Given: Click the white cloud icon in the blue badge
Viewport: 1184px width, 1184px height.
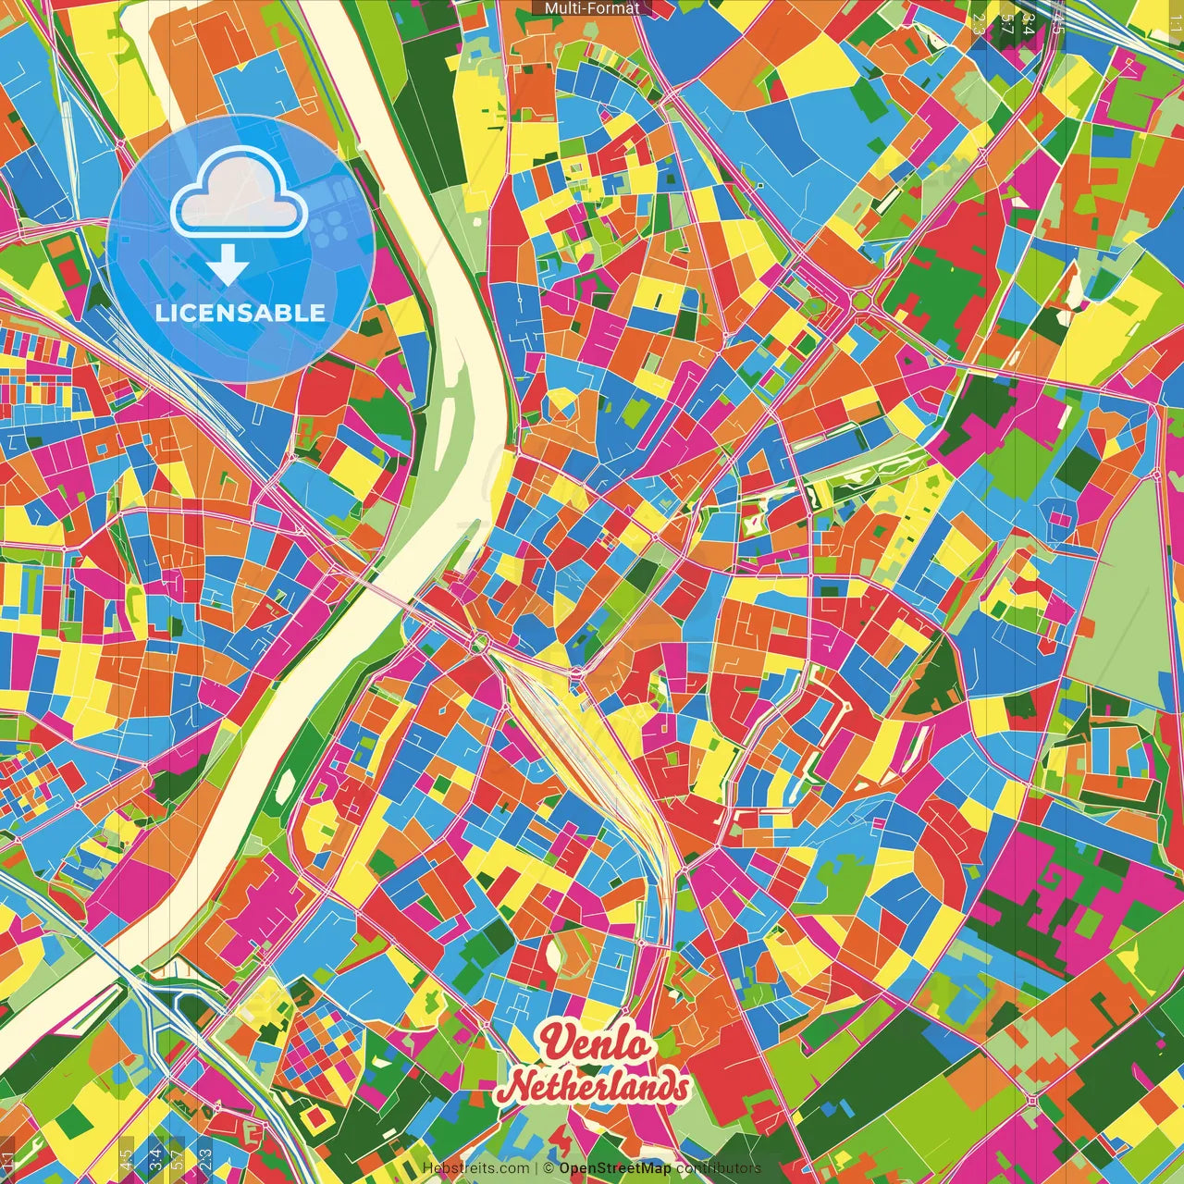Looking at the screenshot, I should pyautogui.click(x=240, y=195).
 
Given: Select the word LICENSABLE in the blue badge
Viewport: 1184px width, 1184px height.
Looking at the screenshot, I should pyautogui.click(x=240, y=313).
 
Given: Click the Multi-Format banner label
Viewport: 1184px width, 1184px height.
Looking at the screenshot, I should pyautogui.click(x=592, y=8).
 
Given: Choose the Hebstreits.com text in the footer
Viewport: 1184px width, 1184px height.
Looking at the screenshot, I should pyautogui.click(x=476, y=1168).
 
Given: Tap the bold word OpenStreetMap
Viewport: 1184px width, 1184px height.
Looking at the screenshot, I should pyautogui.click(x=615, y=1168).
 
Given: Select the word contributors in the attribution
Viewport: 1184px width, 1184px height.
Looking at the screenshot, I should pyautogui.click(x=719, y=1168).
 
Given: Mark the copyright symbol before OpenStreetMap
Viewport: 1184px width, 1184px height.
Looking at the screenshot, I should pyautogui.click(x=549, y=1168).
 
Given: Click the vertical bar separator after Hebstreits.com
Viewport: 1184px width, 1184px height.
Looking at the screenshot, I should pyautogui.click(x=536, y=1168).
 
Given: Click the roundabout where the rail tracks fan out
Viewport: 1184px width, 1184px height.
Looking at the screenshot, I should pyautogui.click(x=480, y=642).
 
